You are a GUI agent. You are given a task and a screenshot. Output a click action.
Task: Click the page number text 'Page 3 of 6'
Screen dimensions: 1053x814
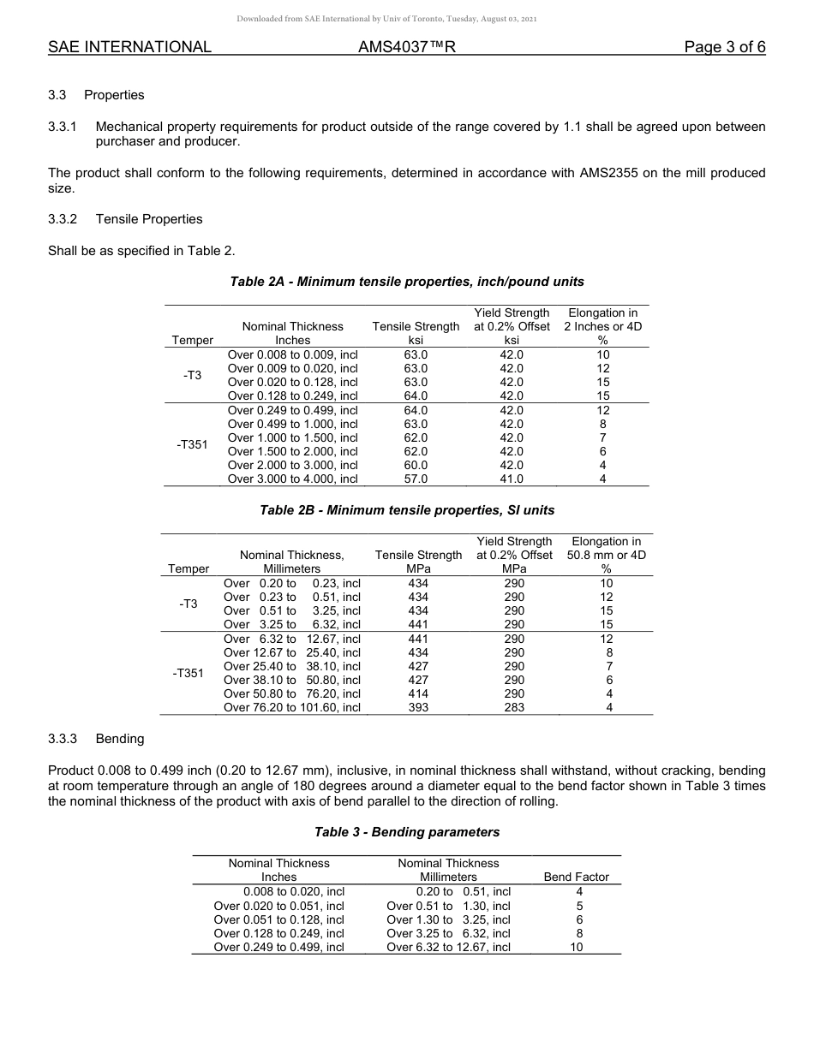[724, 47]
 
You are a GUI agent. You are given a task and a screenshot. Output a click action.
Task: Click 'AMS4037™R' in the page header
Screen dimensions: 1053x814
[406, 47]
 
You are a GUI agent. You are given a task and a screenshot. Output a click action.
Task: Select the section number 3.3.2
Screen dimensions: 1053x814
[63, 219]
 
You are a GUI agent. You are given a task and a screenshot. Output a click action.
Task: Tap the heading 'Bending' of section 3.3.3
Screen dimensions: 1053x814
[120, 738]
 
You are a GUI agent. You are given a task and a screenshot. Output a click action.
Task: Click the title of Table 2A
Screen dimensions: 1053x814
[407, 282]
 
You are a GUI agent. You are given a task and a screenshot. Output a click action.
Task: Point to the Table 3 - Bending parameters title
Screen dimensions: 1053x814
[407, 832]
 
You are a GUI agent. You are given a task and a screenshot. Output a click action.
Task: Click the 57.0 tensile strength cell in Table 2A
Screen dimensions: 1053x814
[416, 479]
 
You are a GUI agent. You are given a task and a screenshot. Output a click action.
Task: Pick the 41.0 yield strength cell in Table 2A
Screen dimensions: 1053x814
[512, 479]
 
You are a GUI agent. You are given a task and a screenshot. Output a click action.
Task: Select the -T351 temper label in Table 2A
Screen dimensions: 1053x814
[192, 444]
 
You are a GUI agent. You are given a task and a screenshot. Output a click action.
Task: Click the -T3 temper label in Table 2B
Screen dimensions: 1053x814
[189, 604]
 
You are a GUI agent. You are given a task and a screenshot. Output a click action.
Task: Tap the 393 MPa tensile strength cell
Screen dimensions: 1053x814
[418, 708]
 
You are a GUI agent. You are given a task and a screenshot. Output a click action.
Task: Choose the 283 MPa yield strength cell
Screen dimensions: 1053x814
[514, 708]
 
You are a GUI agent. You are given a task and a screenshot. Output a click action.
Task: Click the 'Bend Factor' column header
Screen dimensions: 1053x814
[577, 877]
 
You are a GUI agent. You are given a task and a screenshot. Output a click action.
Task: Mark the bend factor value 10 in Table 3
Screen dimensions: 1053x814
[577, 947]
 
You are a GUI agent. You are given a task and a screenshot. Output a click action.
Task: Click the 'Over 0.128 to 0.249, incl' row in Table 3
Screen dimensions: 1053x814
[278, 933]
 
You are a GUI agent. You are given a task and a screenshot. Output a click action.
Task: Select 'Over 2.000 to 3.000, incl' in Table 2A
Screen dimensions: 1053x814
[292, 466]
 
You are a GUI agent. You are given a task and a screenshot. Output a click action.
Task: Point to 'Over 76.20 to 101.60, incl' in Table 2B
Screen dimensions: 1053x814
[292, 708]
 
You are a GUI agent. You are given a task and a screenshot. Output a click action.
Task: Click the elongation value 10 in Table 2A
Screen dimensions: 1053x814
[603, 354]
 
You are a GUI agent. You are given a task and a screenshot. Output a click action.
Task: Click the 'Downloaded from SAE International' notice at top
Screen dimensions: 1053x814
[407, 19]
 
